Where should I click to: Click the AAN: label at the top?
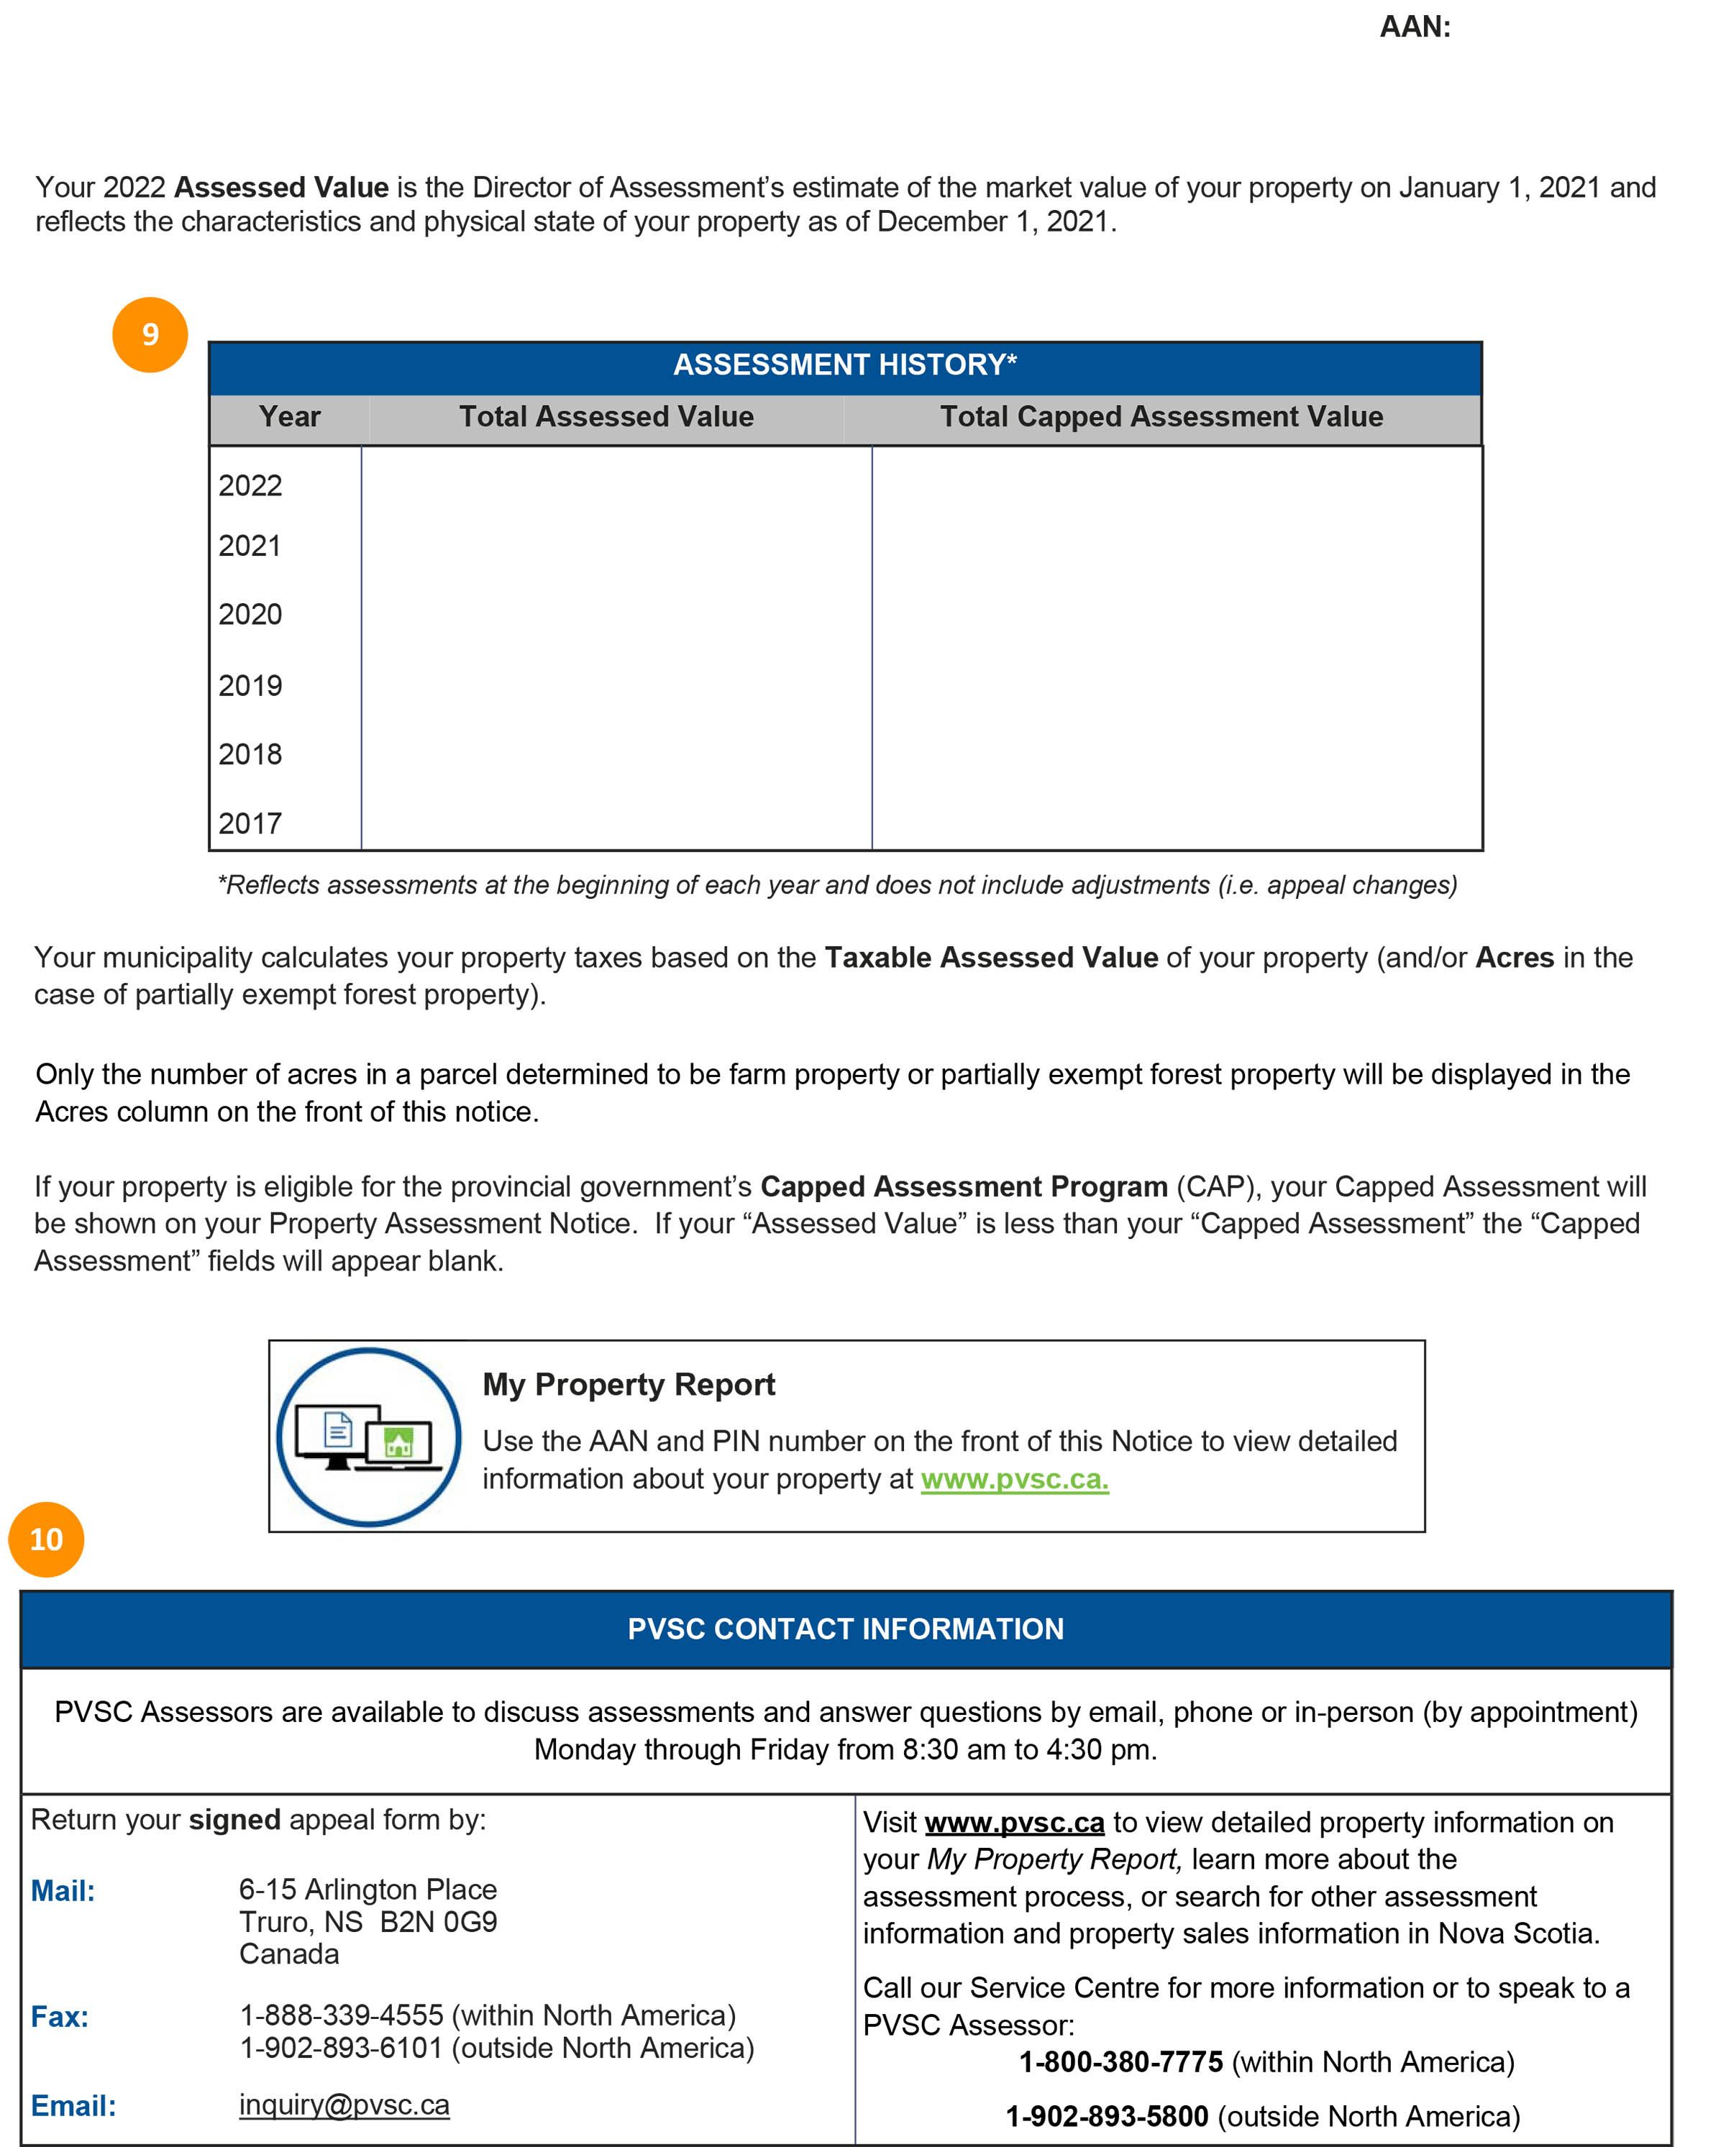click(1415, 27)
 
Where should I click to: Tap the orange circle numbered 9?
click(150, 334)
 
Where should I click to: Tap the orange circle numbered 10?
click(46, 1539)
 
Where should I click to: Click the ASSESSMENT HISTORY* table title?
click(844, 365)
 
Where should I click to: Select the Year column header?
click(289, 416)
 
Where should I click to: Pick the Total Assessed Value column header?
click(606, 416)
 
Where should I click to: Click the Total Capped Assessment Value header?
click(1161, 416)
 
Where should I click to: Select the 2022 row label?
click(250, 486)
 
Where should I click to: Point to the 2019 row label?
click(250, 686)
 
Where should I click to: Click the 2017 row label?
click(250, 823)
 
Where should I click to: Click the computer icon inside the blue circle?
click(368, 1438)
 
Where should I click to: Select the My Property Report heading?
click(629, 1384)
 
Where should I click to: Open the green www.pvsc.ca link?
click(1014, 1480)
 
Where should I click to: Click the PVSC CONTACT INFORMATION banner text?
click(844, 1629)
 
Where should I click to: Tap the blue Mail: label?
click(63, 1891)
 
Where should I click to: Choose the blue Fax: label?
click(60, 2018)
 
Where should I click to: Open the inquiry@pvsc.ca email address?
click(344, 2105)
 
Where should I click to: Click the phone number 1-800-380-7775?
click(1120, 2061)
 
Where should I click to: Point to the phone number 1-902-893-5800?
click(1107, 2116)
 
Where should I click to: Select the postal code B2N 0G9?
click(438, 1922)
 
